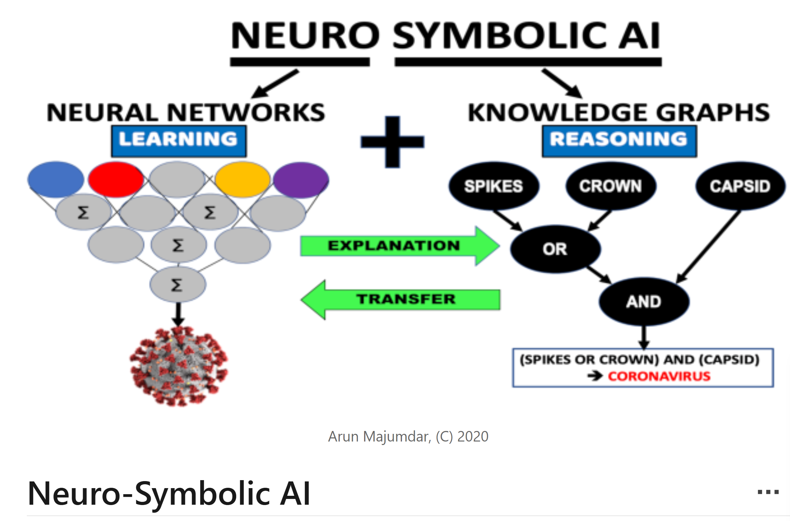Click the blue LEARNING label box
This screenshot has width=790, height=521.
tap(179, 141)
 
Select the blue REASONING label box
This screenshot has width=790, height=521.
tap(619, 141)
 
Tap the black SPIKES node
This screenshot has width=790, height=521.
tap(494, 186)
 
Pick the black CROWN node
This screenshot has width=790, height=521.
tap(610, 186)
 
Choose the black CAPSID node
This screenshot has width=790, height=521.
tap(740, 186)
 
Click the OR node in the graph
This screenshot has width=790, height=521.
tap(555, 249)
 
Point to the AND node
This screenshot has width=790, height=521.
tap(644, 302)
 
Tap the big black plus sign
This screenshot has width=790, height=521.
tap(392, 142)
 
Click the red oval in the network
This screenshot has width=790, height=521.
tap(116, 179)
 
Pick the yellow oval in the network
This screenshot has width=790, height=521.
tap(242, 179)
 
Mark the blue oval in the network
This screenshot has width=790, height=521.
tap(56, 179)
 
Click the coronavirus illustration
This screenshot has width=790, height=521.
tap(179, 366)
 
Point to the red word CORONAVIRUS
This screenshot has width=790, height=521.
tap(659, 376)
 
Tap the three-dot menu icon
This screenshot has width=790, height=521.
tap(768, 492)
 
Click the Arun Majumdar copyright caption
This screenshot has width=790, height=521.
tap(408, 437)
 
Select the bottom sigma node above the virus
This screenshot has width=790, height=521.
tap(178, 285)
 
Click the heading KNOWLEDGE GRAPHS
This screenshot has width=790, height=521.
tap(618, 112)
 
